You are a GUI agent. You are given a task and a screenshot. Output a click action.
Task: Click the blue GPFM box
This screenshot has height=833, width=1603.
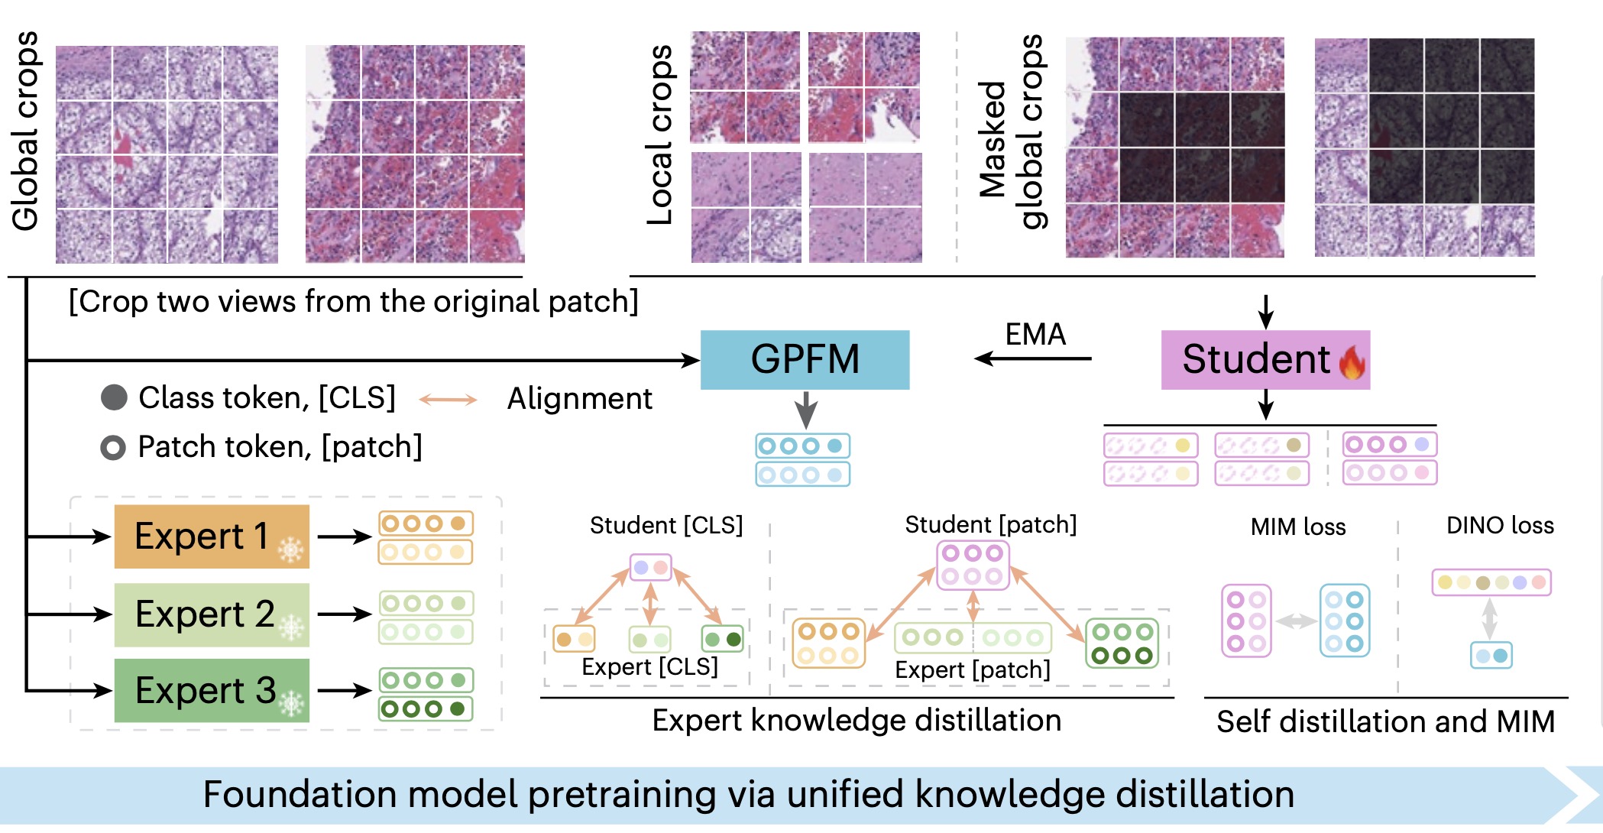click(805, 359)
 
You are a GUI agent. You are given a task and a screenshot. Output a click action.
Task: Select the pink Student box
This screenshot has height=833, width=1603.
click(1265, 360)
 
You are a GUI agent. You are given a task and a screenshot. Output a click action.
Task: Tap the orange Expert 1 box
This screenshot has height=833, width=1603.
click(212, 536)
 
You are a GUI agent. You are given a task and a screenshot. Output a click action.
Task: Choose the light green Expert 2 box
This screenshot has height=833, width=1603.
click(212, 614)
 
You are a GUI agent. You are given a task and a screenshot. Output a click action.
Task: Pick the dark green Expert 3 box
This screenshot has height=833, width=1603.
click(212, 691)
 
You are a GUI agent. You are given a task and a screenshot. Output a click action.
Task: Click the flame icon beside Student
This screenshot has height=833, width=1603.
click(1352, 361)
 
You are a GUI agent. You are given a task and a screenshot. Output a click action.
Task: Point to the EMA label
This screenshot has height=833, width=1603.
click(1035, 334)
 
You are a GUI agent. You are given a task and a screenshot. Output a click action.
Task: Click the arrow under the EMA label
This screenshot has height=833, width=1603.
click(1033, 358)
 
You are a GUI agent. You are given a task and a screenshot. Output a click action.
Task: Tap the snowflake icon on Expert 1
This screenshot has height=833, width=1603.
click(290, 549)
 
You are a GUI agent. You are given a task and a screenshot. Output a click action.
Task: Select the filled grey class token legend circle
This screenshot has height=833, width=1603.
click(114, 397)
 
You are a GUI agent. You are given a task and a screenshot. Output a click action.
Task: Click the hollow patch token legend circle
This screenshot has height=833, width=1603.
click(113, 448)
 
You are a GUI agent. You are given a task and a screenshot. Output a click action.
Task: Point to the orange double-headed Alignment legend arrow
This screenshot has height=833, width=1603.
click(449, 399)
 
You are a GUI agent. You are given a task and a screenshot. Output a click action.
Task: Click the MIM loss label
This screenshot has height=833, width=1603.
click(1297, 527)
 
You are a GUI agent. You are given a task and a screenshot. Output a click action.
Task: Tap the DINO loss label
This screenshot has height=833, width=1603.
click(1500, 525)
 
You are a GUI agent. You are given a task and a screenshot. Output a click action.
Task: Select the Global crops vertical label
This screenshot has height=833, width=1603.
click(26, 131)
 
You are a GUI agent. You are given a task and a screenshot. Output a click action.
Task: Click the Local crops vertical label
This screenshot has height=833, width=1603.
click(660, 135)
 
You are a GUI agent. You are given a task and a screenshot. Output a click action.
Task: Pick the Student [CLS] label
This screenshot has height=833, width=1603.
click(665, 525)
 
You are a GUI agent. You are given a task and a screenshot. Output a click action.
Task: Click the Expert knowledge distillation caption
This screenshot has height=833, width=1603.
click(856, 720)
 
